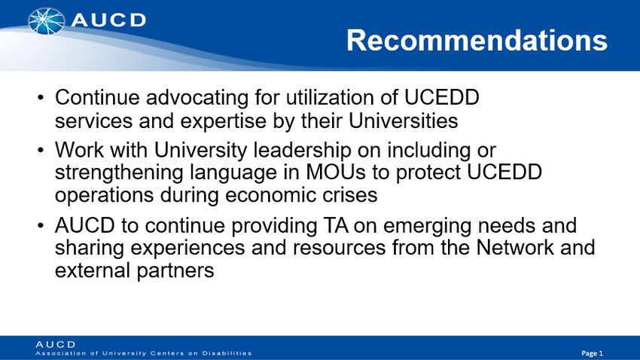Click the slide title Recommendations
click(x=477, y=40)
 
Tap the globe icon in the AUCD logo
click(x=46, y=21)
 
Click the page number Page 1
click(x=592, y=353)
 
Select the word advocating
click(x=197, y=98)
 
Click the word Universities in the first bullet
click(x=404, y=121)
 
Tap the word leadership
click(x=303, y=151)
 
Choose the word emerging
click(x=428, y=227)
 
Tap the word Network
click(x=515, y=247)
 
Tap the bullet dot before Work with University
click(x=40, y=151)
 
